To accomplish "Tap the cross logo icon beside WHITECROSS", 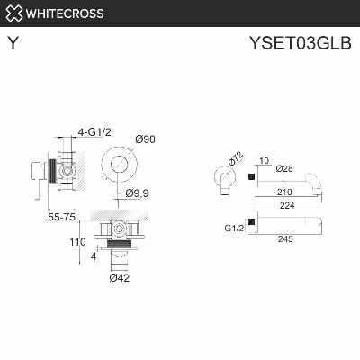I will pos(13,13).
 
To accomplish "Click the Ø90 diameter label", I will pos(145,138).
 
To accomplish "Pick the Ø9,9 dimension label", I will pos(137,192).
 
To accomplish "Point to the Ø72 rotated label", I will pos(236,159).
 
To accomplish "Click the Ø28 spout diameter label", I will pos(284,168).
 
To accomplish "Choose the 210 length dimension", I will pos(285,192).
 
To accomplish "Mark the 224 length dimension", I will pos(285,204).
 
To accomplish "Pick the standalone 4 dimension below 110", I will pos(94,256).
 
